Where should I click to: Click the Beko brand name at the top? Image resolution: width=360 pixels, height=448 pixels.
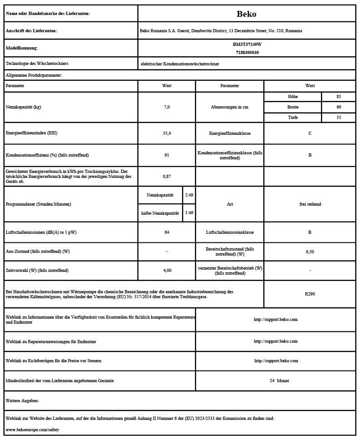pyautogui.click(x=247, y=14)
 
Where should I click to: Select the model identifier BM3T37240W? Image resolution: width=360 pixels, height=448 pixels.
pyautogui.click(x=247, y=44)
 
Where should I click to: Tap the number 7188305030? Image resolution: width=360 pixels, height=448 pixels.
pyautogui.click(x=247, y=53)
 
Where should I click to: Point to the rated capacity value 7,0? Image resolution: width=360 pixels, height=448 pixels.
pyautogui.click(x=167, y=107)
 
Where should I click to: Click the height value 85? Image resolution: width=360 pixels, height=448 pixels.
pyautogui.click(x=339, y=97)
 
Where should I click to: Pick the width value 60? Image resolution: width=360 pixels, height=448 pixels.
pyautogui.click(x=339, y=107)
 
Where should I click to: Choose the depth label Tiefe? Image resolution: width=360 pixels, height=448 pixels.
pyautogui.click(x=293, y=118)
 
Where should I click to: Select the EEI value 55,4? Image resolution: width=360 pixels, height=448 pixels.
pyautogui.click(x=167, y=133)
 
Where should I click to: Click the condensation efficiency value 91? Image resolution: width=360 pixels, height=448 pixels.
pyautogui.click(x=167, y=155)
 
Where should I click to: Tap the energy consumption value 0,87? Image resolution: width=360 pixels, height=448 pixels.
pyautogui.click(x=167, y=176)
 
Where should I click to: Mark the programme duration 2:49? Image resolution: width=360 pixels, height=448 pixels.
pyautogui.click(x=189, y=195)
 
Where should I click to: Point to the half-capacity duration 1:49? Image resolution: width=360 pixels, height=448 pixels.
pyautogui.click(x=189, y=213)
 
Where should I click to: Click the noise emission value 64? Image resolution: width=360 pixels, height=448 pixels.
pyautogui.click(x=167, y=232)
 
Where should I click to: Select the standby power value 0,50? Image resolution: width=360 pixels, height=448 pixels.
pyautogui.click(x=310, y=251)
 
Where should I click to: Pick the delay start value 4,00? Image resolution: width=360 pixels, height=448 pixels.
pyautogui.click(x=167, y=271)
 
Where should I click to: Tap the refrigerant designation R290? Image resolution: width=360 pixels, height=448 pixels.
pyautogui.click(x=310, y=294)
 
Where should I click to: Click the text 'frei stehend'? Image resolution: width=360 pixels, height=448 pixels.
pyautogui.click(x=310, y=204)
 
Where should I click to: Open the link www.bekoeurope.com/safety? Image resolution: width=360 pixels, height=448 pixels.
pyautogui.click(x=32, y=429)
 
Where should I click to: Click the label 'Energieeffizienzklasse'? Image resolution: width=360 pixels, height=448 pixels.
pyautogui.click(x=230, y=133)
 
